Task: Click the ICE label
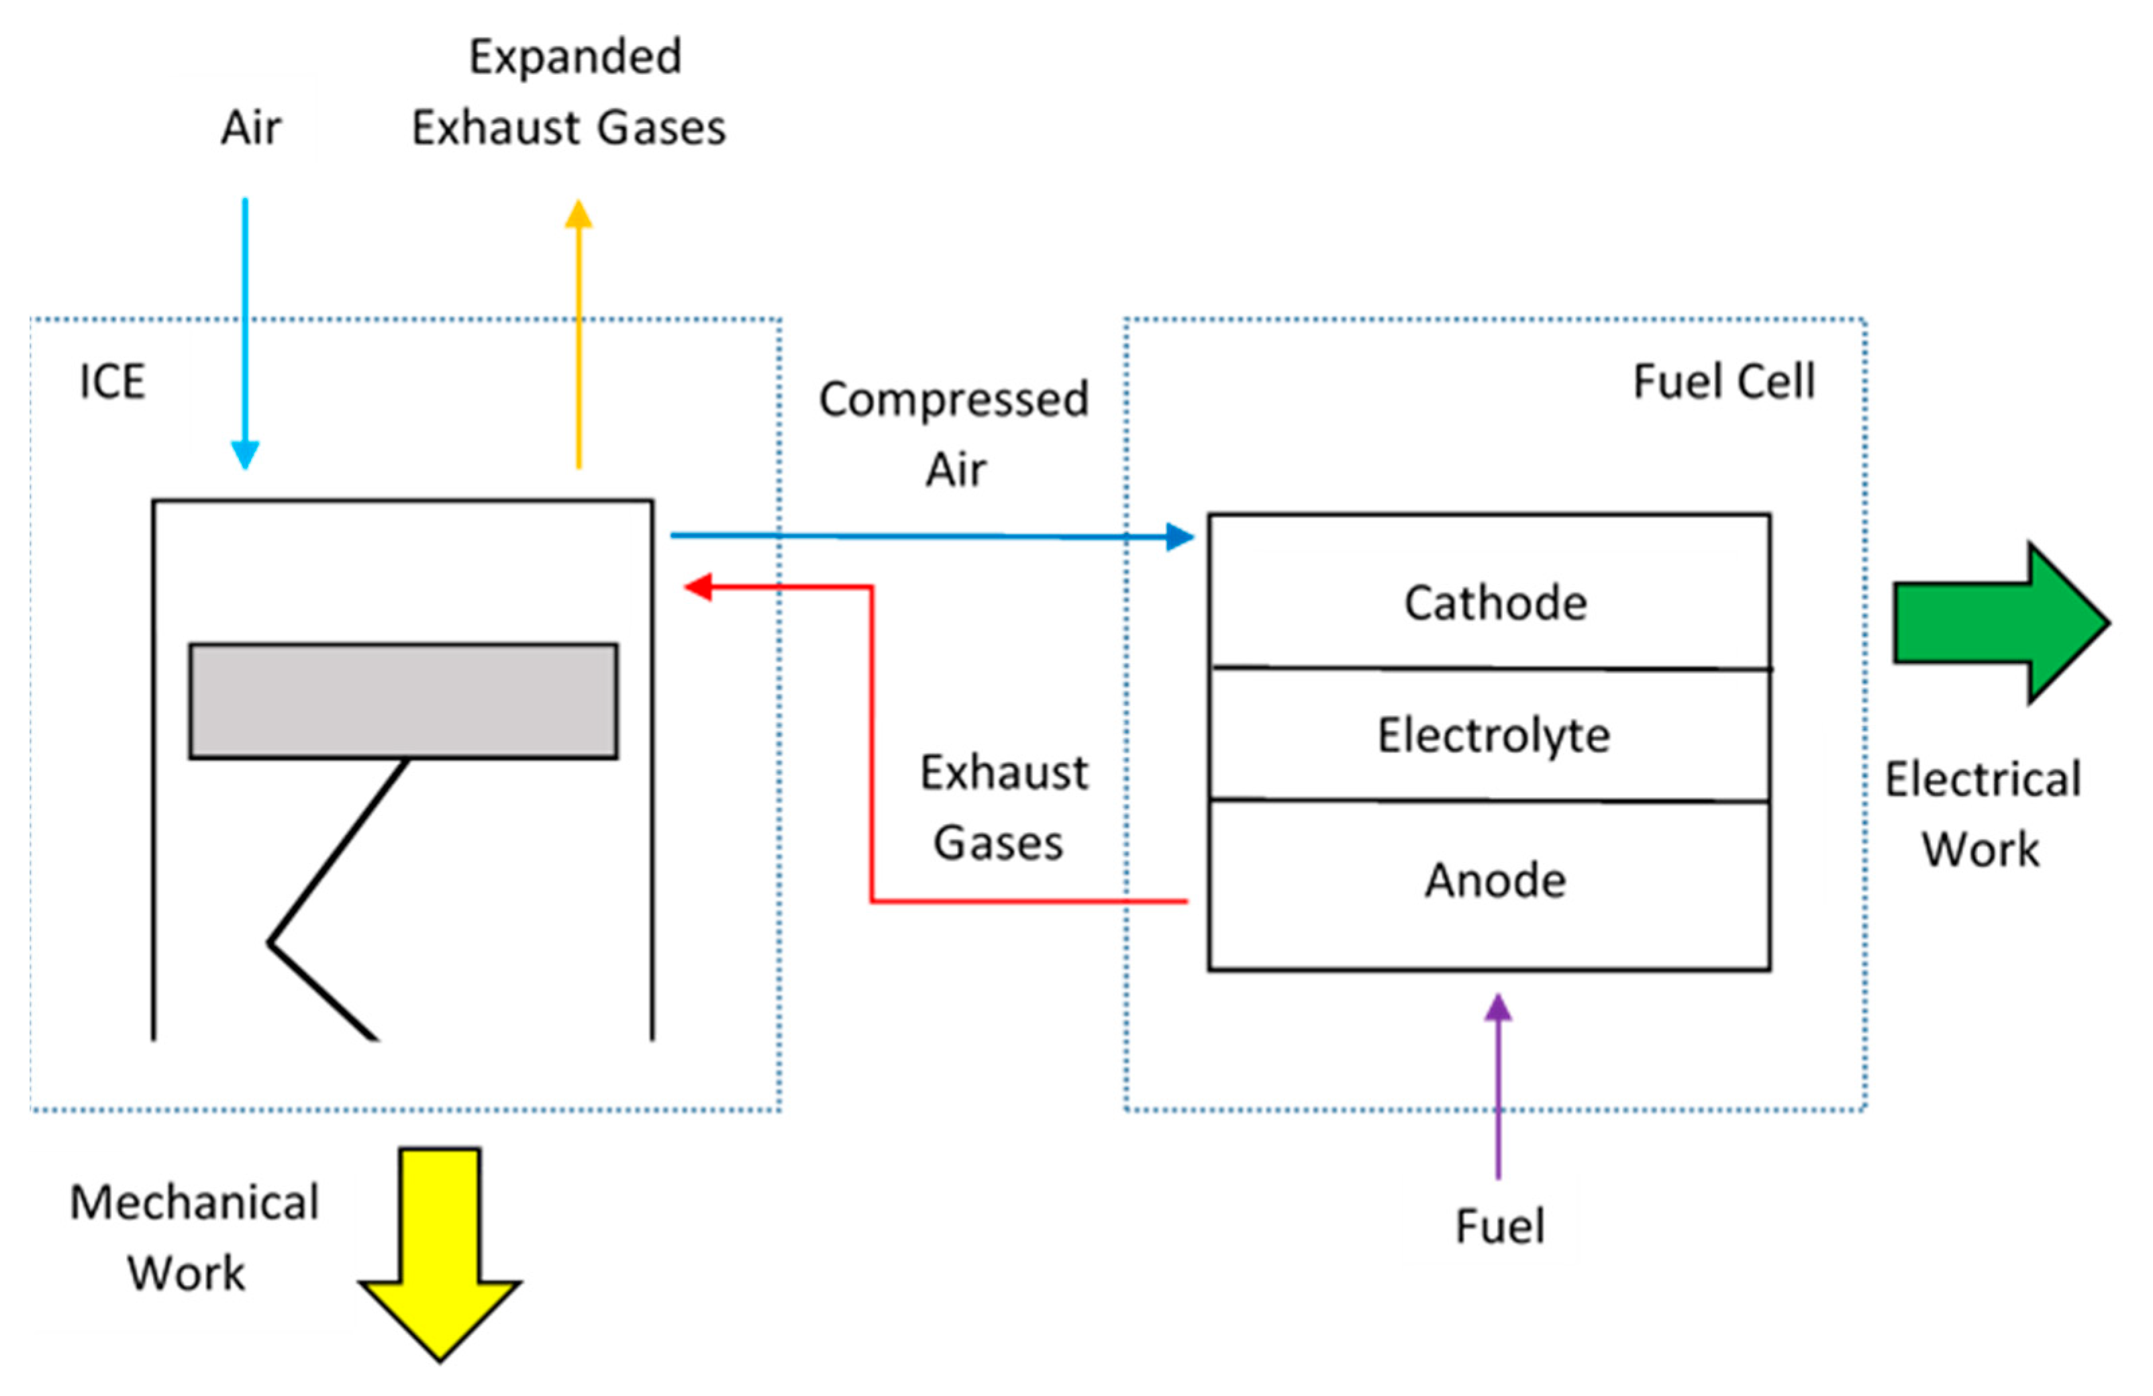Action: pos(112,381)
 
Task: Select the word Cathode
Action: pos(1495,603)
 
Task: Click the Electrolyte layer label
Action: pos(1493,735)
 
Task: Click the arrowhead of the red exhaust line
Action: pos(699,587)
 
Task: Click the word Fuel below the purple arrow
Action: pos(1499,1227)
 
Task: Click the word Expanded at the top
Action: pos(575,57)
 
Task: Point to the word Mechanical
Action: pos(195,1203)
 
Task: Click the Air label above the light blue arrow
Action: pos(250,128)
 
